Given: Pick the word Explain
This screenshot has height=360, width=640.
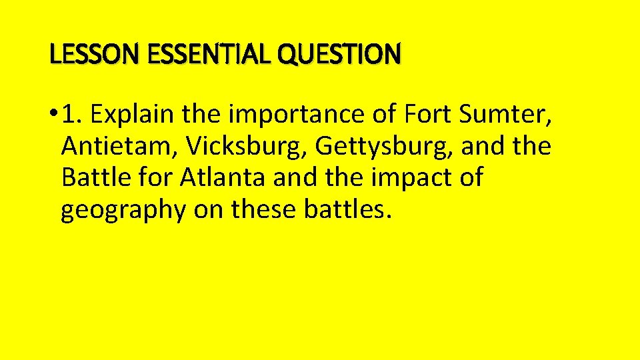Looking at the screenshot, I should pos(129,115).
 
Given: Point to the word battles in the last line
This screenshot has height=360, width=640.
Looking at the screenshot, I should pos(353,210).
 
